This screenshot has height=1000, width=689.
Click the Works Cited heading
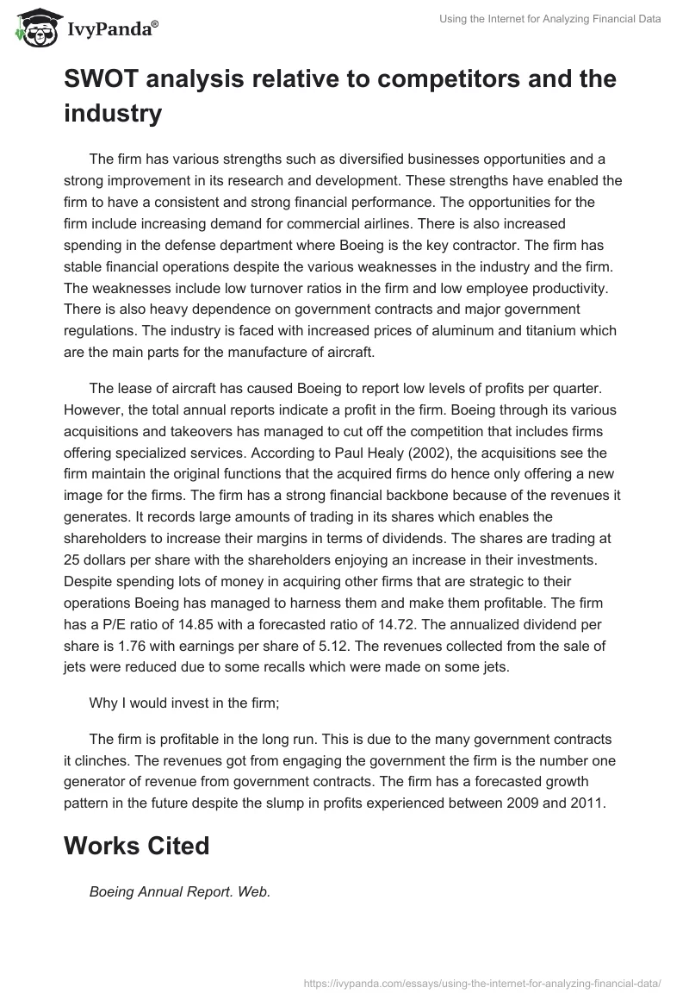point(136,846)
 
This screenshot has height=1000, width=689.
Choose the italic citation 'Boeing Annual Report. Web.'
point(180,892)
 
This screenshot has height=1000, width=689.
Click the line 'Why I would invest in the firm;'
point(183,703)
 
